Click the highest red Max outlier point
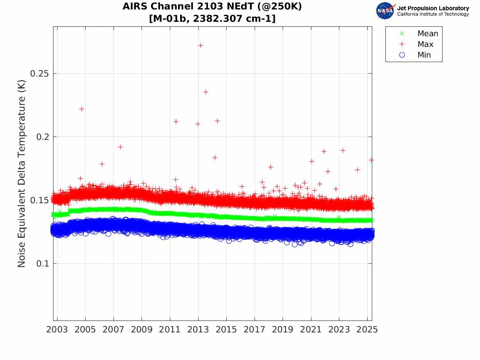(200, 45)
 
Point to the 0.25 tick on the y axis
(40, 74)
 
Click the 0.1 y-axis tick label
(43, 263)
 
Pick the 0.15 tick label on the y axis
(40, 200)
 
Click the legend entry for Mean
(427, 34)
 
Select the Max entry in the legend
(425, 44)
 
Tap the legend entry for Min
(424, 55)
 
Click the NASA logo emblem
(385, 10)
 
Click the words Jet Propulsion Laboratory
(433, 8)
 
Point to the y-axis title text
(22, 174)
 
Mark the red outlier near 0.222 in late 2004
(81, 109)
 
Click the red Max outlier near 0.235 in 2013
(206, 92)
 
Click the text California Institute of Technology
(433, 14)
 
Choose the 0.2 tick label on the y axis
(43, 137)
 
